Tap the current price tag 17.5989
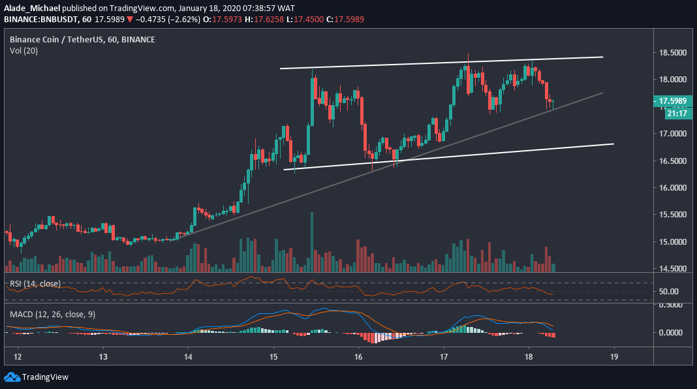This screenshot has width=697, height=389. (672, 101)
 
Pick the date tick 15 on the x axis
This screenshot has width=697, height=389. (273, 357)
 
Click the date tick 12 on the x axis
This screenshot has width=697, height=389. (18, 357)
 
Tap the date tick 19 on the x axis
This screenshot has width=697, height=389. (613, 357)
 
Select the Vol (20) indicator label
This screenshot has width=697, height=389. (23, 50)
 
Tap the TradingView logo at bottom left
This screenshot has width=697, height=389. (37, 377)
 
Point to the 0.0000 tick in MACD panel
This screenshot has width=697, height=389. (670, 332)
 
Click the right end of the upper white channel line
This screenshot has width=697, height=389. (602, 57)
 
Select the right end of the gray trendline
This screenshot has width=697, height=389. (602, 93)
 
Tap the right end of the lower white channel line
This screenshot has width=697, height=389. (613, 144)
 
